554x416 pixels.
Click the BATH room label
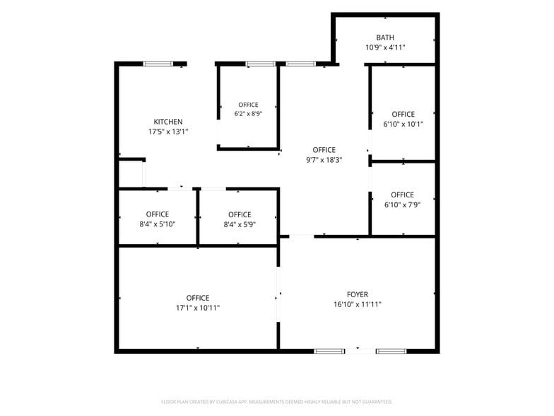click(385, 37)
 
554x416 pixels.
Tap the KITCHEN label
click(168, 122)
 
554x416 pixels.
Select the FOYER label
click(358, 294)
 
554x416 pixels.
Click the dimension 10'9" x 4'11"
click(385, 47)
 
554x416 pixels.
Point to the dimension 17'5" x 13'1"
click(168, 132)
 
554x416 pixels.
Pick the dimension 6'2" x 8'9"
click(249, 113)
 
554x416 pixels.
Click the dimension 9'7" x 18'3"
click(324, 160)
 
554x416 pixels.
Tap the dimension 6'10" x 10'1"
click(403, 125)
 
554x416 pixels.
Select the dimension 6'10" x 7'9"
click(403, 205)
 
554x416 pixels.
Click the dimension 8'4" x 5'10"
click(158, 224)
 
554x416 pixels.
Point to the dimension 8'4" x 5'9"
click(240, 225)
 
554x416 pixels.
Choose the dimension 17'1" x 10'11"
click(198, 308)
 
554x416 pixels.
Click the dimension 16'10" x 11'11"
click(358, 304)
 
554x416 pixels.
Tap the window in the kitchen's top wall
click(158, 64)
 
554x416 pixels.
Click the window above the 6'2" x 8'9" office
click(261, 64)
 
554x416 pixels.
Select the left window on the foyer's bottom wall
click(329, 351)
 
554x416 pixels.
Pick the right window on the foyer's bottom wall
click(391, 351)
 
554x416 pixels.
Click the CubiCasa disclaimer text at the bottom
click(277, 402)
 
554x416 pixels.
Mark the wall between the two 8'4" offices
click(198, 216)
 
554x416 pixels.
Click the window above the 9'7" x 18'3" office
click(301, 64)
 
